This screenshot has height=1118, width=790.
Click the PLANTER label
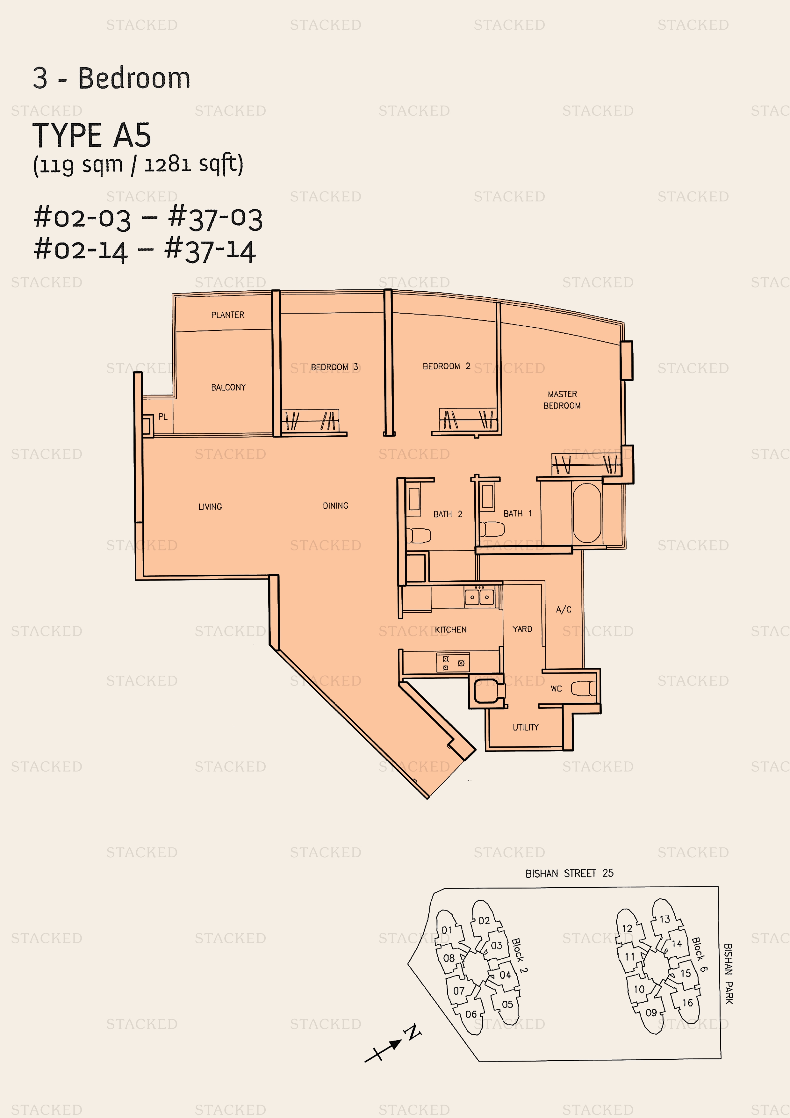tap(228, 315)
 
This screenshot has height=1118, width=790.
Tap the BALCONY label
tap(228, 388)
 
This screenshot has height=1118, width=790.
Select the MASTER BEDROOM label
tap(562, 400)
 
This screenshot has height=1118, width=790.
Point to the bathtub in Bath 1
tap(587, 513)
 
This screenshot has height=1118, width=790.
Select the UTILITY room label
tap(526, 728)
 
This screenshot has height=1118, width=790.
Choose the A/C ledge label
tap(564, 610)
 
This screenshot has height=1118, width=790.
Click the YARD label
tap(522, 629)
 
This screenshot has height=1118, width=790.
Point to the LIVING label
tap(210, 507)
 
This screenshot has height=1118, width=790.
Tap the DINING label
tap(335, 506)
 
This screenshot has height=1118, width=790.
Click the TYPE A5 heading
tap(92, 135)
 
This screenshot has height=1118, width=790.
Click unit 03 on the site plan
tap(497, 946)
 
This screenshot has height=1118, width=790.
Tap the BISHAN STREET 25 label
tap(570, 874)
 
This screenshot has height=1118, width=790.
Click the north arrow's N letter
tap(413, 1031)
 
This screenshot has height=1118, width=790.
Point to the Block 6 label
tap(700, 955)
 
